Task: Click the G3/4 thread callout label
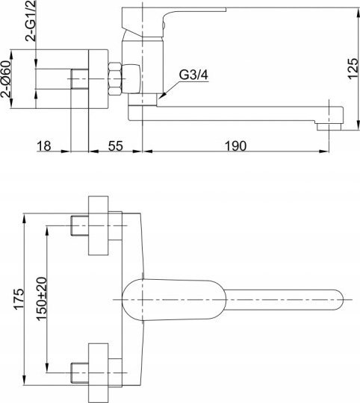[193, 75]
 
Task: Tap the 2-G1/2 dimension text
[31, 21]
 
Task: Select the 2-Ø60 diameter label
[6, 79]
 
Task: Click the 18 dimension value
[44, 146]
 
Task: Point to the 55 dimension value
[116, 146]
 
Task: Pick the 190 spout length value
[235, 146]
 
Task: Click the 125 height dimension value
[353, 69]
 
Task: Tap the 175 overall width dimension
[19, 299]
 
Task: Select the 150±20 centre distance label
[42, 299]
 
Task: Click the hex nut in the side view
[115, 79]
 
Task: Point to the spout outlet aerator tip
[329, 127]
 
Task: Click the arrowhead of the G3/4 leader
[161, 96]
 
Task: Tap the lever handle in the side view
[174, 22]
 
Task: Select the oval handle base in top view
[174, 300]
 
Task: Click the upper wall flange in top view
[99, 225]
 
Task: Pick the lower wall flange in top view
[99, 372]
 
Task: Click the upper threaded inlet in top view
[79, 225]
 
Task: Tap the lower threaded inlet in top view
[79, 372]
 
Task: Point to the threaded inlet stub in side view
[79, 79]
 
